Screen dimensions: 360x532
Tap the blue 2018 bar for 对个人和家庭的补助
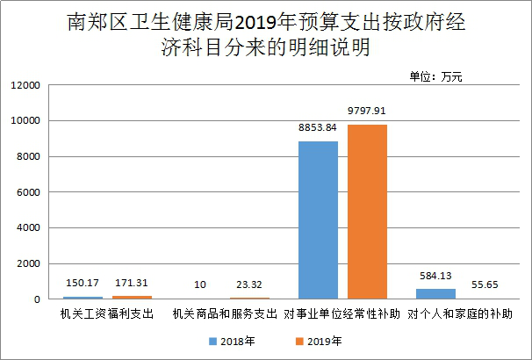click(435, 294)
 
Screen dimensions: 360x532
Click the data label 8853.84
click(318, 128)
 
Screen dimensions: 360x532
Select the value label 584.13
click(435, 276)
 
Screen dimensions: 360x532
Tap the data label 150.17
click(83, 284)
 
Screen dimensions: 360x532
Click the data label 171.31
click(132, 284)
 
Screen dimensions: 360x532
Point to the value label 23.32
click(249, 285)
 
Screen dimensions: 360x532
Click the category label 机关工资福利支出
click(107, 313)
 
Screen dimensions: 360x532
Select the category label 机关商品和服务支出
click(225, 313)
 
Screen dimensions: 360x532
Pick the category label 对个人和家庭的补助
click(458, 313)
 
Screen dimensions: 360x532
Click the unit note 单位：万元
click(435, 76)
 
